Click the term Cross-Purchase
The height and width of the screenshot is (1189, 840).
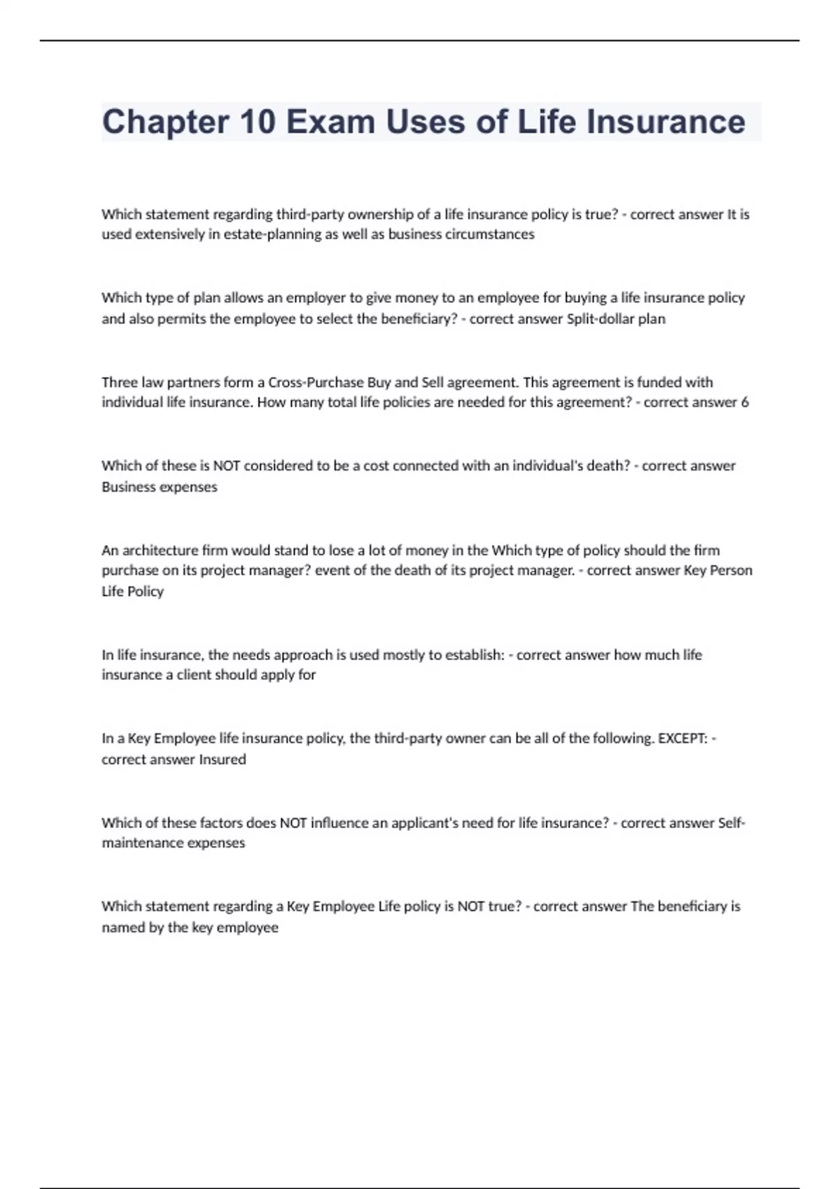click(x=315, y=383)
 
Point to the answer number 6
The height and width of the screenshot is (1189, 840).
click(x=745, y=402)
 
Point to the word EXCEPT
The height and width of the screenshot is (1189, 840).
click(x=682, y=739)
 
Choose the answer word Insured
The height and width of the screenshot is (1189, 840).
click(x=223, y=760)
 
